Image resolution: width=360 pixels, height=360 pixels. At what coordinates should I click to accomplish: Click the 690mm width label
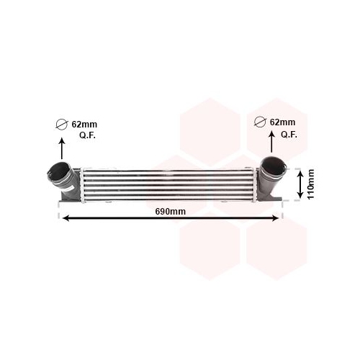(x=170, y=212)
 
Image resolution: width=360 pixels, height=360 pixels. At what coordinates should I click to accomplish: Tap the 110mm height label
(x=311, y=184)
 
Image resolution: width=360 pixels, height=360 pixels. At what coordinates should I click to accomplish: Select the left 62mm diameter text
(x=84, y=125)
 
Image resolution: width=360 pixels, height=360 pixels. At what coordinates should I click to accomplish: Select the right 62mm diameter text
(x=282, y=122)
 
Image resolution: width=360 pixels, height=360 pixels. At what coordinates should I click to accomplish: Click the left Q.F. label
(x=87, y=135)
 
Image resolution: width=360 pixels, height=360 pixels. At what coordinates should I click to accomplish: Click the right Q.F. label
(x=289, y=135)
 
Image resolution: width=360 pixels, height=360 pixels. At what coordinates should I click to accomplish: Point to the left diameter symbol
(x=62, y=125)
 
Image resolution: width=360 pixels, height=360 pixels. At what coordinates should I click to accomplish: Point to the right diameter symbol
(x=260, y=122)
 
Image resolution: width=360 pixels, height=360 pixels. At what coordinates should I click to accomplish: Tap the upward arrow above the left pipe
(x=62, y=148)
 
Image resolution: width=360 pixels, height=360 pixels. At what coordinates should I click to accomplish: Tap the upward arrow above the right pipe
(x=271, y=142)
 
